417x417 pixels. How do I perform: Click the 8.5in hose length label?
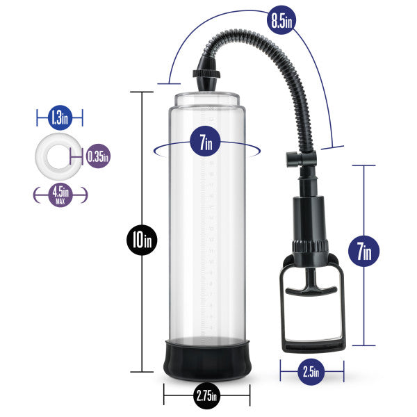(x=281, y=19)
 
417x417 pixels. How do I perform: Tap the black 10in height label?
(x=142, y=240)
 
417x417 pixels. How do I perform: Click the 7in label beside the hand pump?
(x=363, y=251)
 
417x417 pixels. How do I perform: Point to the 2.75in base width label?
(x=206, y=396)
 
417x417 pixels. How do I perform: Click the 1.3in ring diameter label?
(x=59, y=118)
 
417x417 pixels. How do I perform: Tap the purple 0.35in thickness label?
(x=99, y=156)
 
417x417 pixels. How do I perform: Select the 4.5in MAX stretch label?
(x=60, y=195)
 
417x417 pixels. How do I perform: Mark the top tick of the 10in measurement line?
(x=142, y=92)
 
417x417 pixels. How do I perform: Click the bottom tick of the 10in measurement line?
(x=142, y=373)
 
